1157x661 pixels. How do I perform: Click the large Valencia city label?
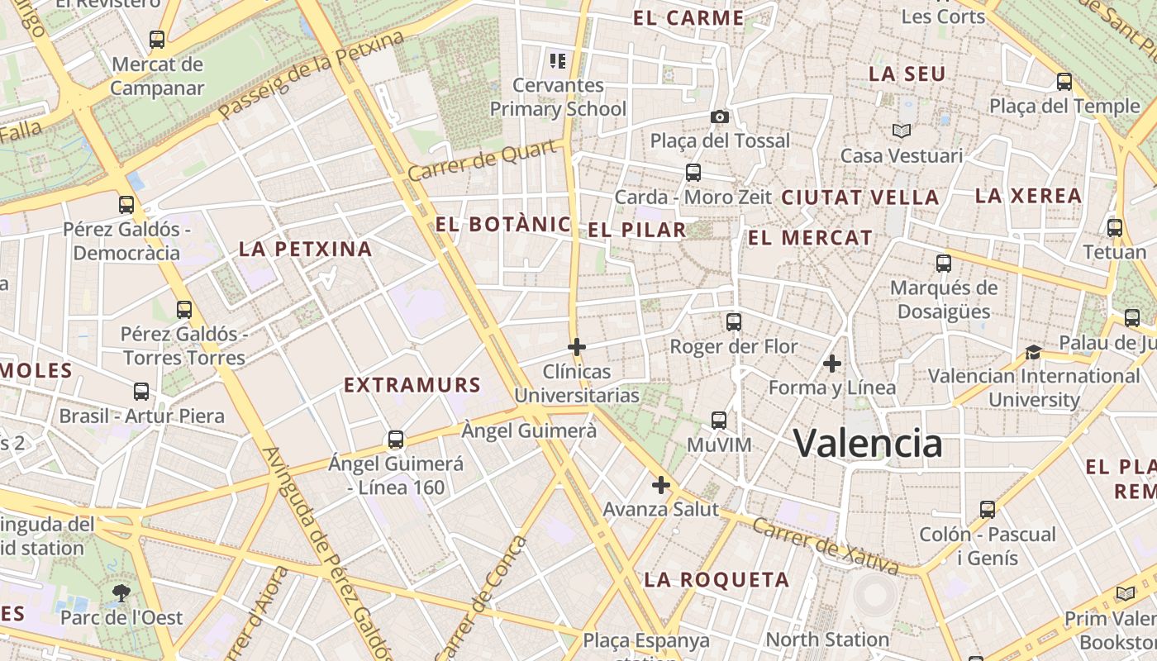[868, 444]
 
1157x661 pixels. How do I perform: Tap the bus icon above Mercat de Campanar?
[157, 39]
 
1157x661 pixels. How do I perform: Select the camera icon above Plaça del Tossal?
[720, 117]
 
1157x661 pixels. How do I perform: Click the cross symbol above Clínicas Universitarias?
[577, 347]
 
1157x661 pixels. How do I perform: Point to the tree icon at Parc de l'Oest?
[121, 592]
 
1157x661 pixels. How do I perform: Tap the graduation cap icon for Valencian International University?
[1033, 353]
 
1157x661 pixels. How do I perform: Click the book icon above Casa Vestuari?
[901, 131]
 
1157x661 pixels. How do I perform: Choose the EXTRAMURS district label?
[412, 385]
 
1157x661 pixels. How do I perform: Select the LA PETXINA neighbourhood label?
[306, 249]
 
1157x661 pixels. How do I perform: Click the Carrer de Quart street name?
[482, 160]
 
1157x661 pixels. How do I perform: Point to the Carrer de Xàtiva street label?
[826, 546]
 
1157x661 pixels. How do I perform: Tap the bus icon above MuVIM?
[719, 421]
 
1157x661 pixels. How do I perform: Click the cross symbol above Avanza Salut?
[660, 485]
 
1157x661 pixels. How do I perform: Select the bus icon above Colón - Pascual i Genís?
[988, 510]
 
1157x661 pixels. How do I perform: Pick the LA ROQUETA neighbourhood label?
[717, 579]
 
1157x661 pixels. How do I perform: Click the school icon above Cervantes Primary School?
[558, 60]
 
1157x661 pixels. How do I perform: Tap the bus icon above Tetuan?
[1115, 228]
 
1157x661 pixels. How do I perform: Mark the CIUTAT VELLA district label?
[859, 197]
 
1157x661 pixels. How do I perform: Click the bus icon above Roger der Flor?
[733, 322]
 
